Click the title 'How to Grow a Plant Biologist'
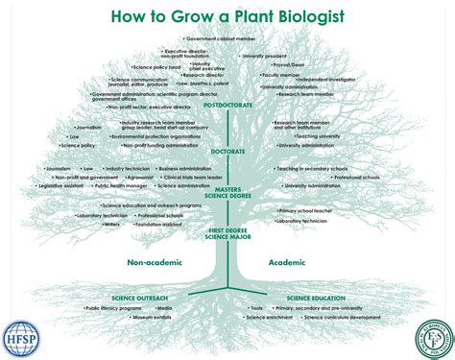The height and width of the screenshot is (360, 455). pyautogui.click(x=227, y=16)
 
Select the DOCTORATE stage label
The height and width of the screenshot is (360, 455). pyautogui.click(x=227, y=151)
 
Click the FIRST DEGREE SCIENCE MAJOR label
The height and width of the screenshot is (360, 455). pyautogui.click(x=227, y=233)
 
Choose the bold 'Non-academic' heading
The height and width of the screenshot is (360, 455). pyautogui.click(x=156, y=261)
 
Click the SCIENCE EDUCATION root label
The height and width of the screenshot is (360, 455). pyautogui.click(x=315, y=299)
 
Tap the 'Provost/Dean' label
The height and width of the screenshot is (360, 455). pyautogui.click(x=288, y=81)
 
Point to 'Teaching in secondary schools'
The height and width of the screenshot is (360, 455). pyautogui.click(x=313, y=168)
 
